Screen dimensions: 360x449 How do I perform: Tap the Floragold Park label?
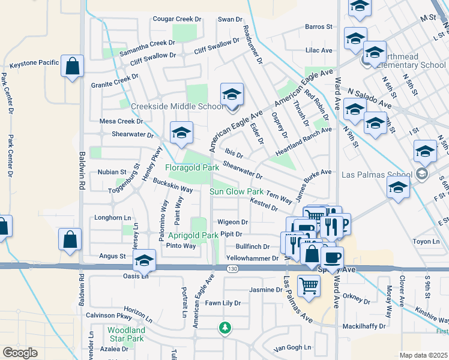pos(192,168)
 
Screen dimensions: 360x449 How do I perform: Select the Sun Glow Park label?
pos(237,191)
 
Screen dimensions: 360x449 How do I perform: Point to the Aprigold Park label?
pos(193,235)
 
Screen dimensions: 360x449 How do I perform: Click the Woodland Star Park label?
pos(126,334)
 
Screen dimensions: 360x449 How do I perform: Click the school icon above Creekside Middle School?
pos(232,94)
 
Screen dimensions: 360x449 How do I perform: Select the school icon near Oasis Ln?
pos(143,261)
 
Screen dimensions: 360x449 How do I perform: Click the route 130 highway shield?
pos(233,269)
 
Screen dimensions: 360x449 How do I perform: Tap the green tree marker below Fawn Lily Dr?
pos(224,328)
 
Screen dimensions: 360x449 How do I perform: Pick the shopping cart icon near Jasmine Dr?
pos(309,286)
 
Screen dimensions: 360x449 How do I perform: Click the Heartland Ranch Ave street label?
pos(303,142)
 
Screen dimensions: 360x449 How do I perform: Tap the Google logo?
pos(20,353)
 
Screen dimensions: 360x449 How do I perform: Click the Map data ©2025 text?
pos(424,355)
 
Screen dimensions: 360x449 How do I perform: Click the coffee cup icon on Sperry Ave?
pos(332,257)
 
